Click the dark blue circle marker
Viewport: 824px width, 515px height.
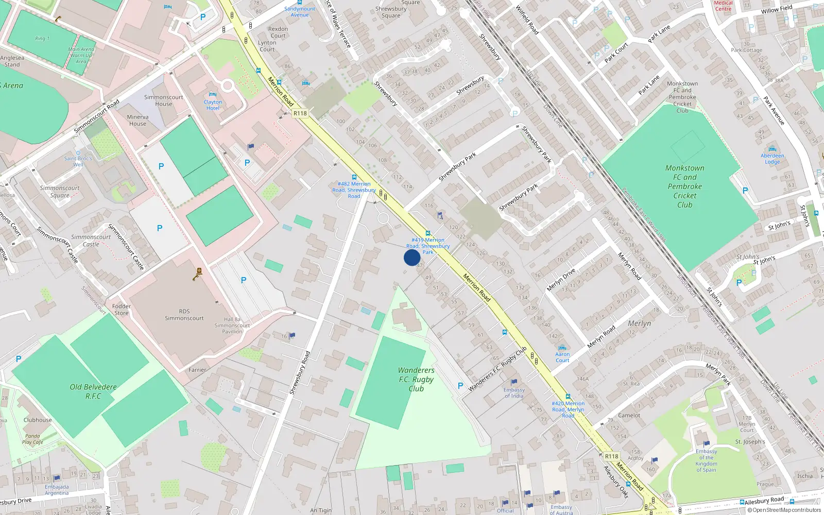(411, 257)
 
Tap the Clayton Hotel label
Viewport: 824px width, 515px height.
(213, 105)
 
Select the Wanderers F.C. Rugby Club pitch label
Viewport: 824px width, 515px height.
(416, 380)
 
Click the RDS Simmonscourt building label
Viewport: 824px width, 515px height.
(184, 315)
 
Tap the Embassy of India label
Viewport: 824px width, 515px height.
(514, 392)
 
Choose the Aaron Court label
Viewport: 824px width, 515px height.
(562, 357)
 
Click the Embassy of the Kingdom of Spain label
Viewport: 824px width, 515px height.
(706, 460)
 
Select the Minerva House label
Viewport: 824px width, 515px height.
(138, 120)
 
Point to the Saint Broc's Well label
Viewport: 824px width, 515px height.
(78, 161)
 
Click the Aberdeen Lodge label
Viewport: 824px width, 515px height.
(772, 159)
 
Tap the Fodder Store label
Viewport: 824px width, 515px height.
(122, 310)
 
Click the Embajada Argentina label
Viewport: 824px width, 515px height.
(57, 490)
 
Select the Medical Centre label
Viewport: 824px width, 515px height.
(723, 6)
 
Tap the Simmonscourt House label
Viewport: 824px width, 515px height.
(164, 100)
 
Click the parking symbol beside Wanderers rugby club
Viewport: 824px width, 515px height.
(460, 386)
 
